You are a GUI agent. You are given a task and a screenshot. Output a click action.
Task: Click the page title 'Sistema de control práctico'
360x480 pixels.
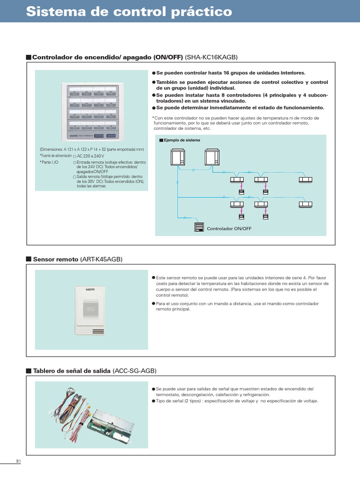point(129,12)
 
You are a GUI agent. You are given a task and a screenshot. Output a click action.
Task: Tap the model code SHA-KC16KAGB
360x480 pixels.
point(212,57)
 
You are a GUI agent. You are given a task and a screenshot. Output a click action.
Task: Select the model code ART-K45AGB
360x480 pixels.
point(101,259)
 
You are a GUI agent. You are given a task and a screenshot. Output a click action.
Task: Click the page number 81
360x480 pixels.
point(19,461)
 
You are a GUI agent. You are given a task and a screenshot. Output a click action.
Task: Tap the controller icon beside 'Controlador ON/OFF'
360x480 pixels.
point(199,227)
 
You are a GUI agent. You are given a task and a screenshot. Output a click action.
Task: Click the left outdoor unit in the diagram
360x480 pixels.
point(178,157)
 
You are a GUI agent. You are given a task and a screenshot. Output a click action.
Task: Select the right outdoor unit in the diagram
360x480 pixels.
point(211,157)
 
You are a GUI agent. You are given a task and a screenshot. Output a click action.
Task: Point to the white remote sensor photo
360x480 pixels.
point(91,309)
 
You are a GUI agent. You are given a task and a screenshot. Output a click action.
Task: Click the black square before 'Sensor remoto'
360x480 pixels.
point(29,259)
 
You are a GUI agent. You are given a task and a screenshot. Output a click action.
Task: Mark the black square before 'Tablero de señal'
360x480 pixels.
point(29,371)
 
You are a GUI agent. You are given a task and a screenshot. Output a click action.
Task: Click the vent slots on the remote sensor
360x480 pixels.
point(97,331)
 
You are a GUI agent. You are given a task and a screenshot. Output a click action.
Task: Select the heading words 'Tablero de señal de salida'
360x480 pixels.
point(72,371)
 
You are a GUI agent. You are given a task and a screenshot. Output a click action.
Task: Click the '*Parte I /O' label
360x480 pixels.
point(49,162)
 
